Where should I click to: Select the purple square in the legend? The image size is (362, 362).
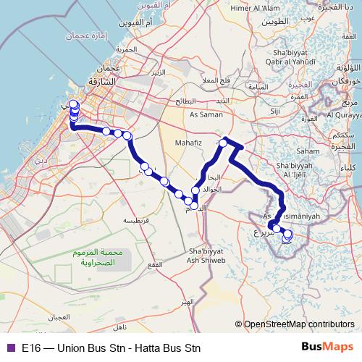9,347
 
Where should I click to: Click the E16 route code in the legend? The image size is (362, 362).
30,347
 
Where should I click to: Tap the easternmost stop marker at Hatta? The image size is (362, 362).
289,234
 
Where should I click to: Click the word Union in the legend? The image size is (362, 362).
67,347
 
